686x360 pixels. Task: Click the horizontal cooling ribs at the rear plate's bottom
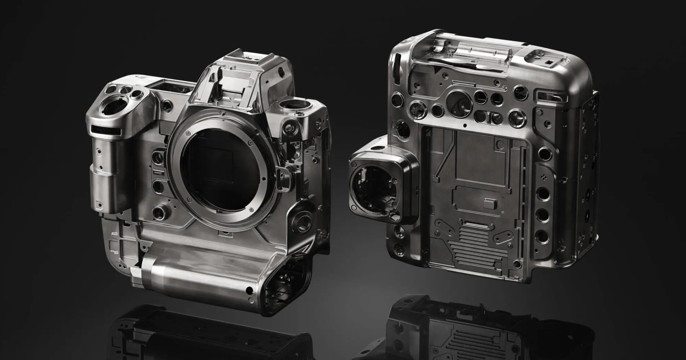477,237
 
